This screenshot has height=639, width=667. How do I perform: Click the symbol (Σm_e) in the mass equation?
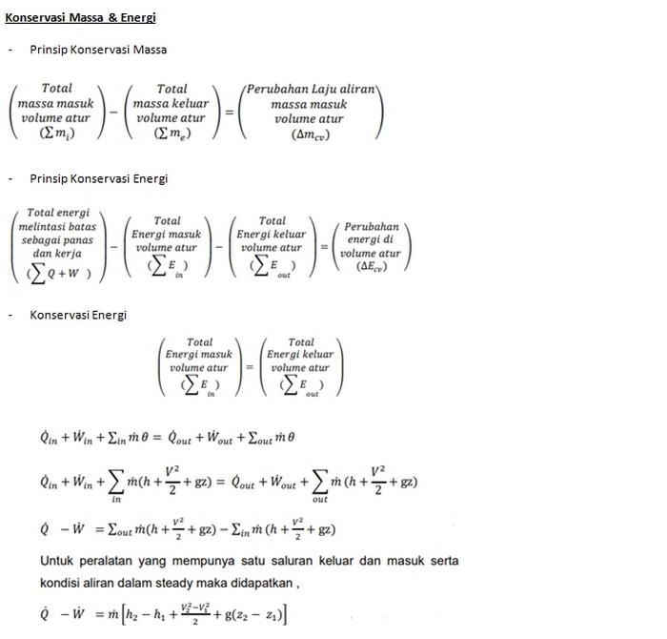(x=172, y=134)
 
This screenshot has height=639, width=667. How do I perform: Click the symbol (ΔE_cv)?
(x=372, y=266)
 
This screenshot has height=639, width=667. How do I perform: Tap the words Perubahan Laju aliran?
(x=310, y=89)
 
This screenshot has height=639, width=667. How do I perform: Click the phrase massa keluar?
(x=172, y=104)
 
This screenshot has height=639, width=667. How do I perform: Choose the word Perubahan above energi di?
(x=372, y=227)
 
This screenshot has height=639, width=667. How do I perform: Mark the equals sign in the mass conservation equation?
(x=229, y=112)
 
